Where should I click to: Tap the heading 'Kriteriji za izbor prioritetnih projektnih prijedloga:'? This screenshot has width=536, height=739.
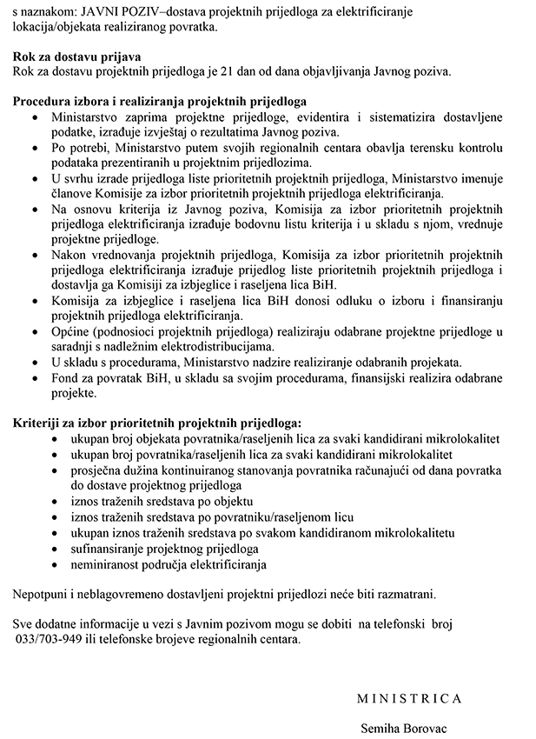click(x=157, y=423)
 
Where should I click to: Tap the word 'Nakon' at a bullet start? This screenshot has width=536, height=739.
click(x=69, y=255)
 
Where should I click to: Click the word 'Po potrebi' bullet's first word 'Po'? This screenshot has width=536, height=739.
click(x=60, y=148)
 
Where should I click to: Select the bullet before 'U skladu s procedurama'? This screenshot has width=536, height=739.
click(x=34, y=363)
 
